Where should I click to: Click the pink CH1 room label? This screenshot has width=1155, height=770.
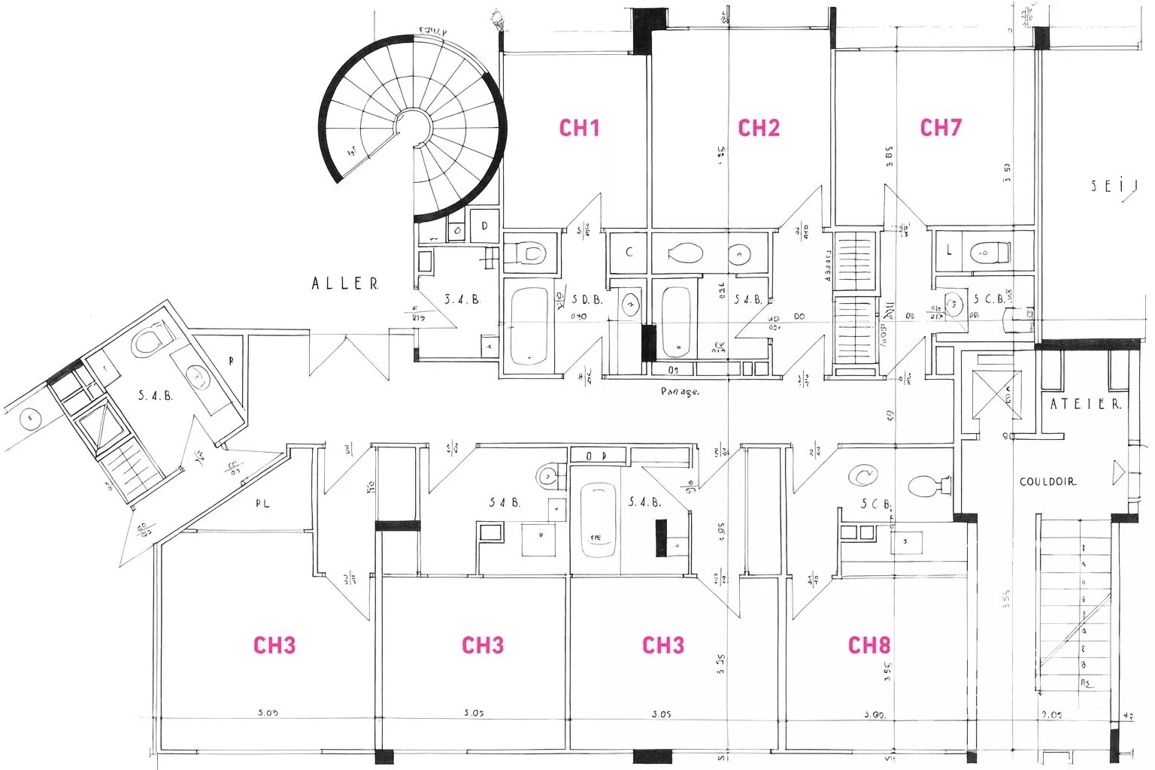pyautogui.click(x=579, y=128)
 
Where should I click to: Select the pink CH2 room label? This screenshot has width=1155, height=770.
pyautogui.click(x=759, y=128)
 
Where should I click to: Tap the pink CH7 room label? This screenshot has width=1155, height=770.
pyautogui.click(x=941, y=128)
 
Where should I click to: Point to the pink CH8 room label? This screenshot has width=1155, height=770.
pyautogui.click(x=869, y=645)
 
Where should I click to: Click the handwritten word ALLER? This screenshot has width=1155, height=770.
pyautogui.click(x=345, y=283)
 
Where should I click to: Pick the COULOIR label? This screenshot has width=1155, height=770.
pyautogui.click(x=1047, y=481)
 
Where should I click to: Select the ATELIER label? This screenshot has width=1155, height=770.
pyautogui.click(x=1084, y=404)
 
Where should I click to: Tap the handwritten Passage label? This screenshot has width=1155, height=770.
pyautogui.click(x=680, y=392)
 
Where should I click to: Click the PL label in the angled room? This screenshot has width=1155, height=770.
pyautogui.click(x=262, y=503)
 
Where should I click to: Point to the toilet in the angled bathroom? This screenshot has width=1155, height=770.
pyautogui.click(x=150, y=340)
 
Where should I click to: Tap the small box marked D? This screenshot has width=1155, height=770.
pyautogui.click(x=485, y=226)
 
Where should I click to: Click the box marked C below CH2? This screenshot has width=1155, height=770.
pyautogui.click(x=629, y=252)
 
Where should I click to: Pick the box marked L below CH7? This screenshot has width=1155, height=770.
pyautogui.click(x=949, y=250)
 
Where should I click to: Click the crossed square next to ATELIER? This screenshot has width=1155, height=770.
pyautogui.click(x=996, y=394)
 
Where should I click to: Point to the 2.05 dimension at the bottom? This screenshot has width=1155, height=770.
pyautogui.click(x=1051, y=714)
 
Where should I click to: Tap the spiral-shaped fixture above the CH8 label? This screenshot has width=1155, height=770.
pyautogui.click(x=862, y=475)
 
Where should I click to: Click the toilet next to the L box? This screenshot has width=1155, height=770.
pyautogui.click(x=988, y=252)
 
